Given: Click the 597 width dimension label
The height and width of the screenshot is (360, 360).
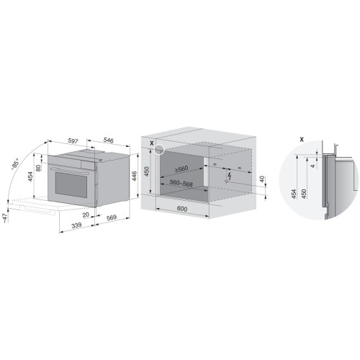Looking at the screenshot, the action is pos(73,141).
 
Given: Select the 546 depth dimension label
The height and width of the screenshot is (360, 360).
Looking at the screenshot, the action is pos(108,140).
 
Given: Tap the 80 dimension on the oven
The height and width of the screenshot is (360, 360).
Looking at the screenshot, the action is pos(38,168).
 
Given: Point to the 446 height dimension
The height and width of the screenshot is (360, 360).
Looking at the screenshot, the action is pos(134,176).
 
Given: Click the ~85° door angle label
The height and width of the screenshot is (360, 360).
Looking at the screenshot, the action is pos(15,164).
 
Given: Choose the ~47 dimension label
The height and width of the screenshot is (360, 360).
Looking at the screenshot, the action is pos(6,218).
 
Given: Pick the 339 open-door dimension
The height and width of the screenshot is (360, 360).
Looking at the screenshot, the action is pos(77,225).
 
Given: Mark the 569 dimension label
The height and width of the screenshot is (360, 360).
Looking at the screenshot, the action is pos(112,217).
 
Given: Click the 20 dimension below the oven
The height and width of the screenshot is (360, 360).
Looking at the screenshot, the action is pos(86,215).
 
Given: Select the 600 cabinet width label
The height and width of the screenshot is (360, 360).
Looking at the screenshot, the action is pos(182,209).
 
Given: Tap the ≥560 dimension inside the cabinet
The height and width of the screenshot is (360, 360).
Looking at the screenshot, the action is pos(181,169).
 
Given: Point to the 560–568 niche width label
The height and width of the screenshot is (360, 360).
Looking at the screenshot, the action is pos(181,183).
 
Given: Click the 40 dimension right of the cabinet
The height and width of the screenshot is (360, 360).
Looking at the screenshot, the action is pos(262,179).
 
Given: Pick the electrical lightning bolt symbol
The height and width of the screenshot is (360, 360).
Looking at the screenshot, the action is pos(230,176).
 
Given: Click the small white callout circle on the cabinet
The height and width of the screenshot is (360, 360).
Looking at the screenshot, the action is pos(158,150).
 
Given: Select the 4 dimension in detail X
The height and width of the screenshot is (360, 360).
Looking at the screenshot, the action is pos(312,166).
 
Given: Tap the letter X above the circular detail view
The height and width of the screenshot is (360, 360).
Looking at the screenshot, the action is pos(302,139).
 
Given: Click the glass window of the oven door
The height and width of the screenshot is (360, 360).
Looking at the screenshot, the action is pos(71,184).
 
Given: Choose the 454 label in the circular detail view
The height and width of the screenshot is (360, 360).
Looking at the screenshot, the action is pos(294,194).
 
